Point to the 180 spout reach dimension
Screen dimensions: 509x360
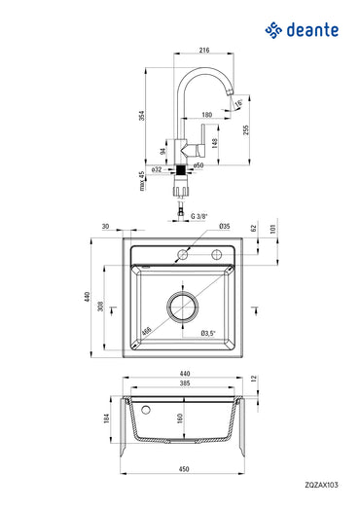point(207,115)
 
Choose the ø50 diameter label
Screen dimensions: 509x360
point(198,166)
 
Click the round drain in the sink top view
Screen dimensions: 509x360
point(183,307)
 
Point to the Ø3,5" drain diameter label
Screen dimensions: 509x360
point(206,333)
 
